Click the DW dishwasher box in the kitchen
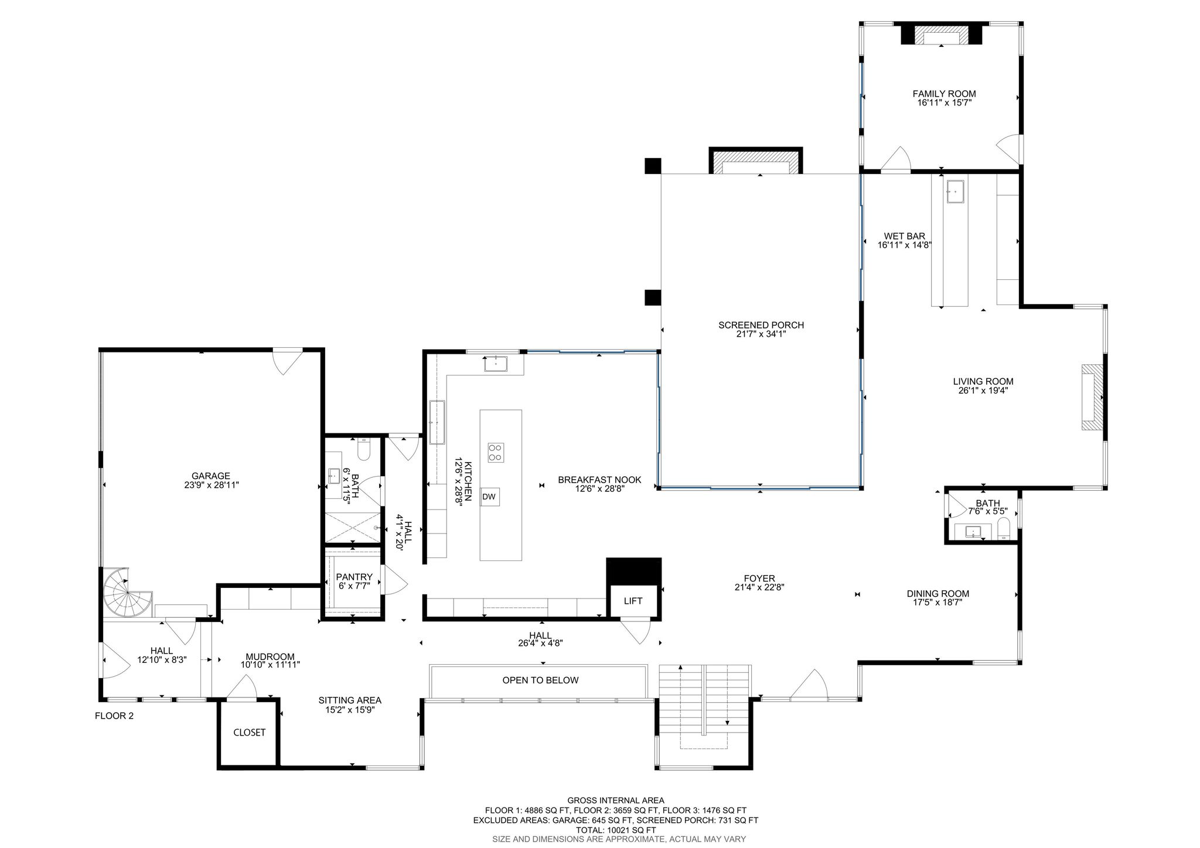pyautogui.click(x=490, y=497)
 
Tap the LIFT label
pyautogui.click(x=633, y=601)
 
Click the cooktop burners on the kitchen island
pyautogui.click(x=496, y=453)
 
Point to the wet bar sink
pyautogui.click(x=956, y=192)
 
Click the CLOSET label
pyautogui.click(x=250, y=733)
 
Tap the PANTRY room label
pyautogui.click(x=354, y=577)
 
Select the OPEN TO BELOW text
pyautogui.click(x=540, y=680)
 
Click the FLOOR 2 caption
pyautogui.click(x=114, y=716)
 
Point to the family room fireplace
pyautogui.click(x=942, y=35)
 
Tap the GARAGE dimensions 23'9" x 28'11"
pyautogui.click(x=212, y=485)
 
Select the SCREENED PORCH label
pyautogui.click(x=761, y=325)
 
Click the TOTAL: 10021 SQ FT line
pyautogui.click(x=616, y=830)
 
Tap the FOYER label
pyautogui.click(x=760, y=578)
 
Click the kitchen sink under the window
pyautogui.click(x=496, y=364)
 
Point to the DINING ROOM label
pyautogui.click(x=938, y=593)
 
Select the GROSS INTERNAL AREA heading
pyautogui.click(x=616, y=801)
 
